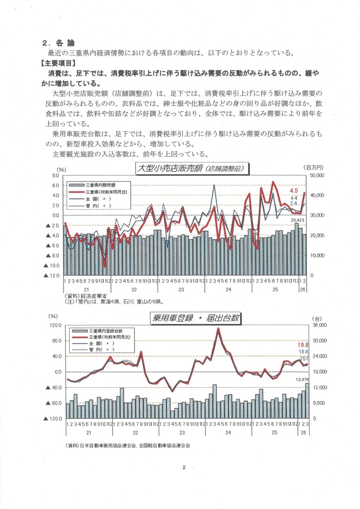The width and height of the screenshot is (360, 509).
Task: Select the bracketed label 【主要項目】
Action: pyautogui.click(x=59, y=63)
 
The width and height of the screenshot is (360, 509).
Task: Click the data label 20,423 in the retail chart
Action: pyautogui.click(x=297, y=220)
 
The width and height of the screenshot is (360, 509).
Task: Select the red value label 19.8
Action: pyautogui.click(x=303, y=344)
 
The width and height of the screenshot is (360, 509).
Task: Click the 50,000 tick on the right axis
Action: pyautogui.click(x=316, y=176)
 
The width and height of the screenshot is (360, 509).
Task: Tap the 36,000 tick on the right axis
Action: pyautogui.click(x=318, y=325)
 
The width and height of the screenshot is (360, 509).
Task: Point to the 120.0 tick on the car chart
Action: pyautogui.click(x=54, y=325)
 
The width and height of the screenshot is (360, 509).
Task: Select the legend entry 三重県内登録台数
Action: pyautogui.click(x=102, y=331)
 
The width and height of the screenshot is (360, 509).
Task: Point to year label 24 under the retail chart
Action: pyautogui.click(x=228, y=289)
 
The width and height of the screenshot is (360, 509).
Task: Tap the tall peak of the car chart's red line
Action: pyautogui.click(x=218, y=329)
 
